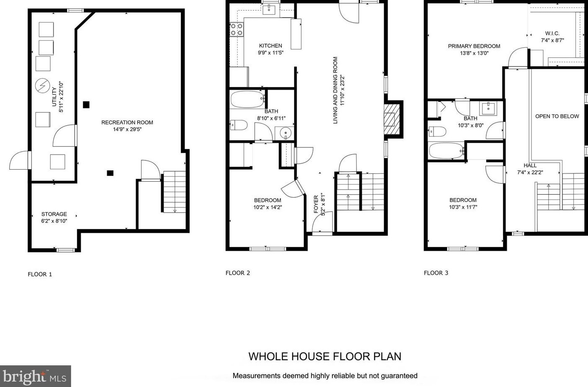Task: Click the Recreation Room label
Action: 127,122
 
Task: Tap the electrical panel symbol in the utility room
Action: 43,85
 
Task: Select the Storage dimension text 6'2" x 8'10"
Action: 54,221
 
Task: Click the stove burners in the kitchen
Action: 236,29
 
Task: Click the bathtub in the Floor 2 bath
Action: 248,99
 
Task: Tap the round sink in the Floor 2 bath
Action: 285,134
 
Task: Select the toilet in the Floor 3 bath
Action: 437,132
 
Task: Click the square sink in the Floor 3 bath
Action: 488,109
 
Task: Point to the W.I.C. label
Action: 552,34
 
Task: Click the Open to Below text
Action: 557,116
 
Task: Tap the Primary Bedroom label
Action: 474,46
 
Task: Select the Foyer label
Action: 316,204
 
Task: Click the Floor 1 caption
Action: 40,275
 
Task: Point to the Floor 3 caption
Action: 436,273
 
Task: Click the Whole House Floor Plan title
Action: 325,356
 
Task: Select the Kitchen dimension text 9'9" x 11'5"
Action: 271,53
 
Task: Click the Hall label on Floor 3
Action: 530,165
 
